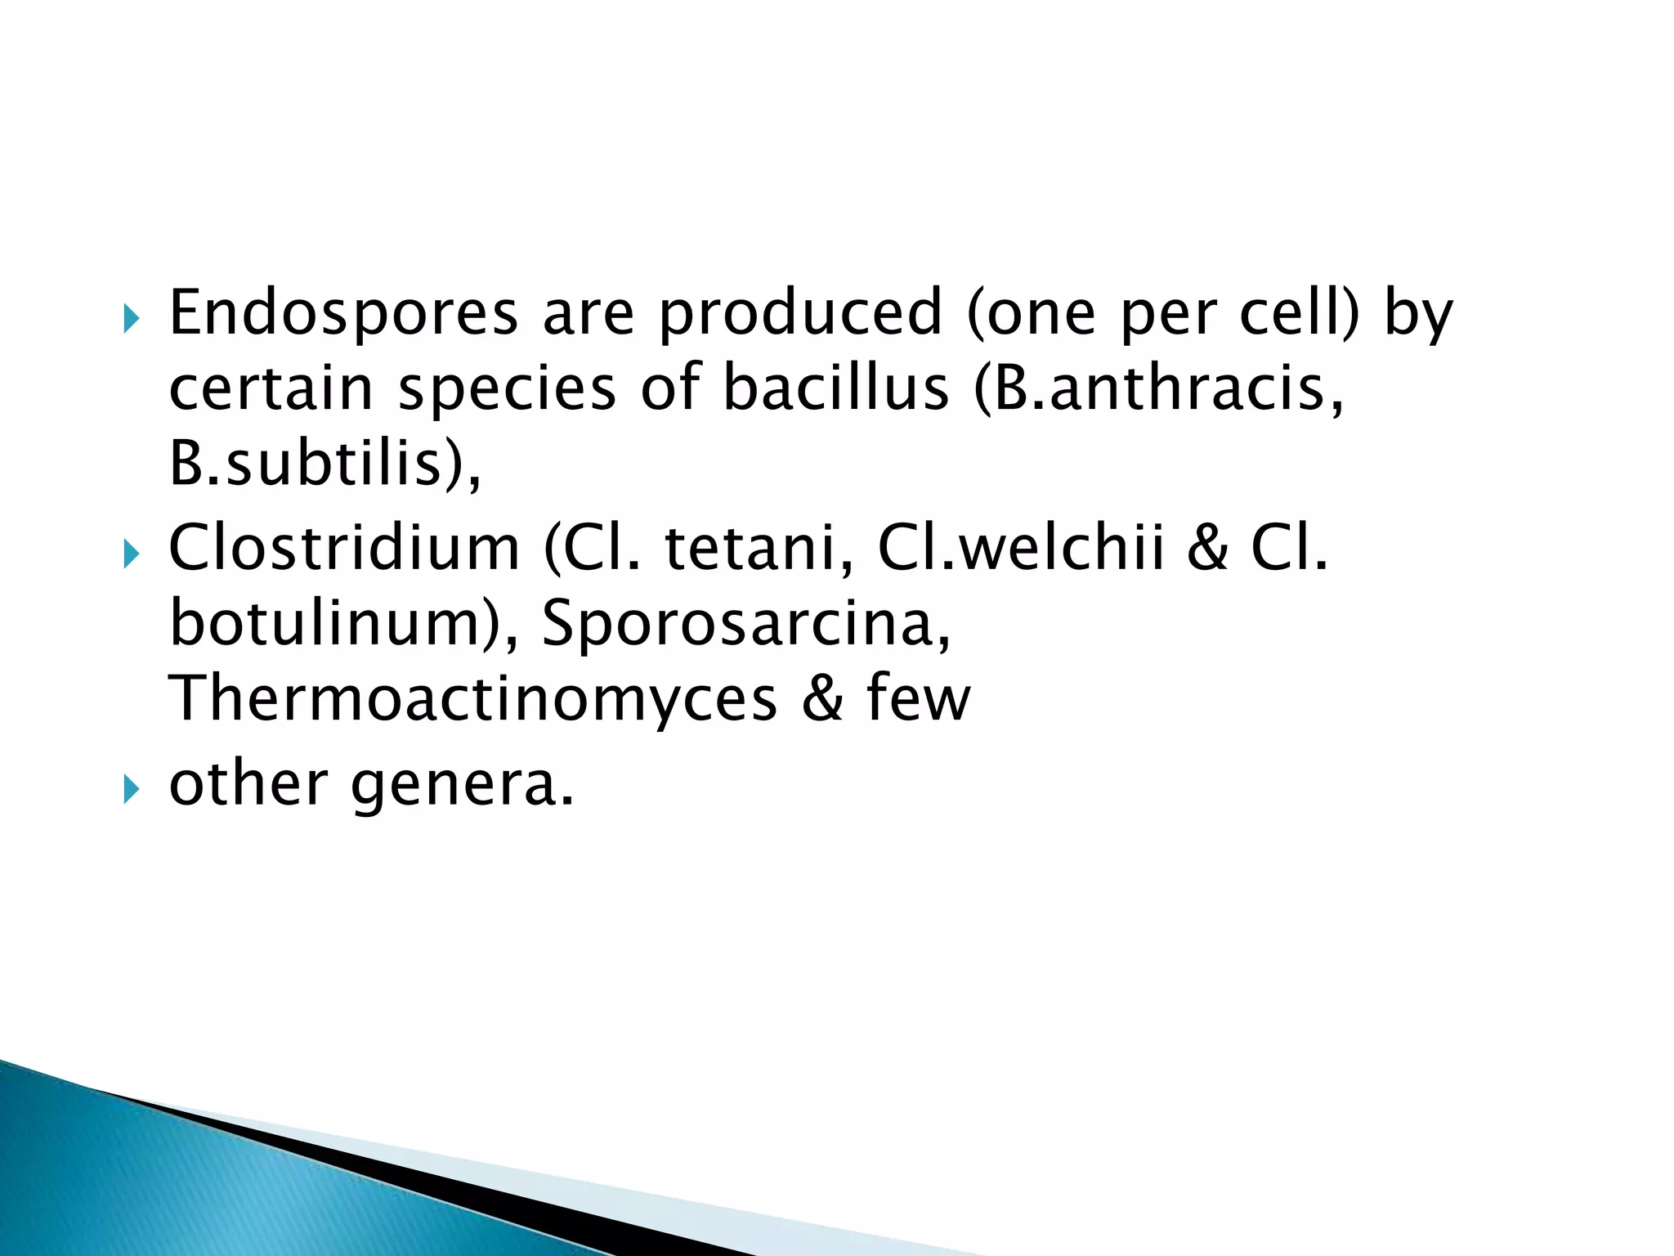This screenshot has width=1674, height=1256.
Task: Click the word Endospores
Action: point(343,313)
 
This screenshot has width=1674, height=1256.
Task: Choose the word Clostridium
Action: point(343,548)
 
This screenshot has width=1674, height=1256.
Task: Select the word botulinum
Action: point(327,623)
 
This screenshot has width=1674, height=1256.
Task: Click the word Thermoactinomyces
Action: point(472,698)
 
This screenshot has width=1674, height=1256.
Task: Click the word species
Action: point(507,389)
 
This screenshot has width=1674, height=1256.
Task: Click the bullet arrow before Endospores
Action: point(131,320)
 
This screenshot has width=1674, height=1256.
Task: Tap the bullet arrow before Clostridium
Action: point(131,555)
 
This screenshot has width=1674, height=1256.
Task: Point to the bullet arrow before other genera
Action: point(131,790)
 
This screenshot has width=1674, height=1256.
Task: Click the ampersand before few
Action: point(821,698)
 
